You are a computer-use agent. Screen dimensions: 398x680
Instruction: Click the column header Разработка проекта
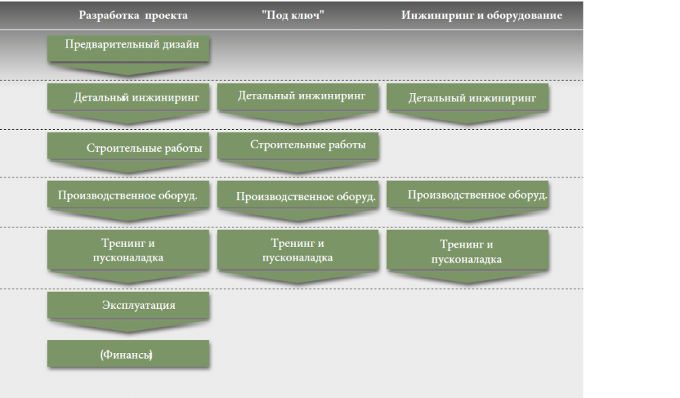pyautogui.click(x=133, y=16)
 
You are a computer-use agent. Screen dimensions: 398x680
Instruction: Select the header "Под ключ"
pyautogui.click(x=292, y=16)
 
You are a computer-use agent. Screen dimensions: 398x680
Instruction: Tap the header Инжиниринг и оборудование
pyautogui.click(x=481, y=16)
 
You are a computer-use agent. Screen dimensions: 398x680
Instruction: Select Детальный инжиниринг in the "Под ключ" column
pyautogui.click(x=298, y=96)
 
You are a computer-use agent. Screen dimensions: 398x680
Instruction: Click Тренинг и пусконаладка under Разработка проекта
pyautogui.click(x=129, y=250)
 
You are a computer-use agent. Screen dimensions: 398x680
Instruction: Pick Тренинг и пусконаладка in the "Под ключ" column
pyautogui.click(x=298, y=250)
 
